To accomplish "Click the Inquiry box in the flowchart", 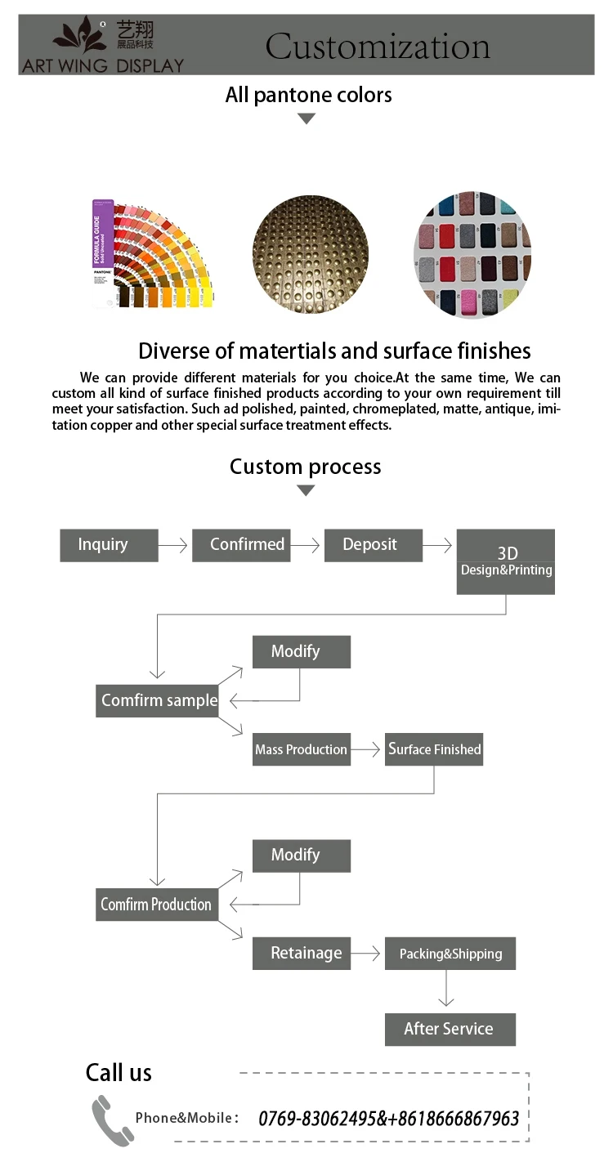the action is [109, 545].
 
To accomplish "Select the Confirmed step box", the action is [241, 545].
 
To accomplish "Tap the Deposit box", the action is [374, 545].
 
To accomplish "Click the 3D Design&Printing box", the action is [506, 562].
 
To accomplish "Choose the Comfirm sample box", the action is [157, 701].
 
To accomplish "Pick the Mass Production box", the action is [302, 749].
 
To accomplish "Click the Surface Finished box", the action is [434, 749].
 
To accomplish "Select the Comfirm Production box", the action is [157, 905].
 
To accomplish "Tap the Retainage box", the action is [302, 954].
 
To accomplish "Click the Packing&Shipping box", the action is [450, 954].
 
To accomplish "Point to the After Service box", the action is [450, 1029].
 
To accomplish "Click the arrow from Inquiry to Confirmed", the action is [172, 545].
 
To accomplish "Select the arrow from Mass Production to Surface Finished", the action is [365, 749].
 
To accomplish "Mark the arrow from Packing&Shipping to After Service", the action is [446, 988].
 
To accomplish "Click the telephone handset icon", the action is [112, 1120].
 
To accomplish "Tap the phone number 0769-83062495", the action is [316, 1119].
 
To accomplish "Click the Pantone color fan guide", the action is [152, 253].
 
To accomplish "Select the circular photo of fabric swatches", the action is [472, 254].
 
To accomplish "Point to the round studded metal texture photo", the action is [311, 254].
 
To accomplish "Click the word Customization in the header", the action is [378, 46].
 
